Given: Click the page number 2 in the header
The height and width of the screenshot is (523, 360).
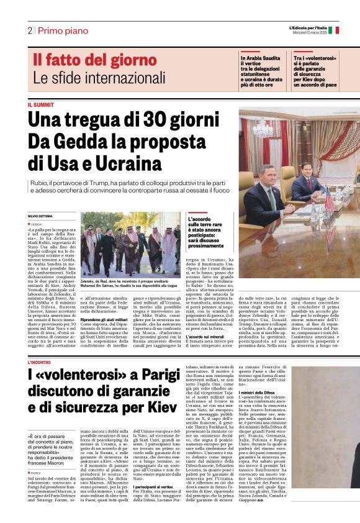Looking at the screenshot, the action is pos(29,30).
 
